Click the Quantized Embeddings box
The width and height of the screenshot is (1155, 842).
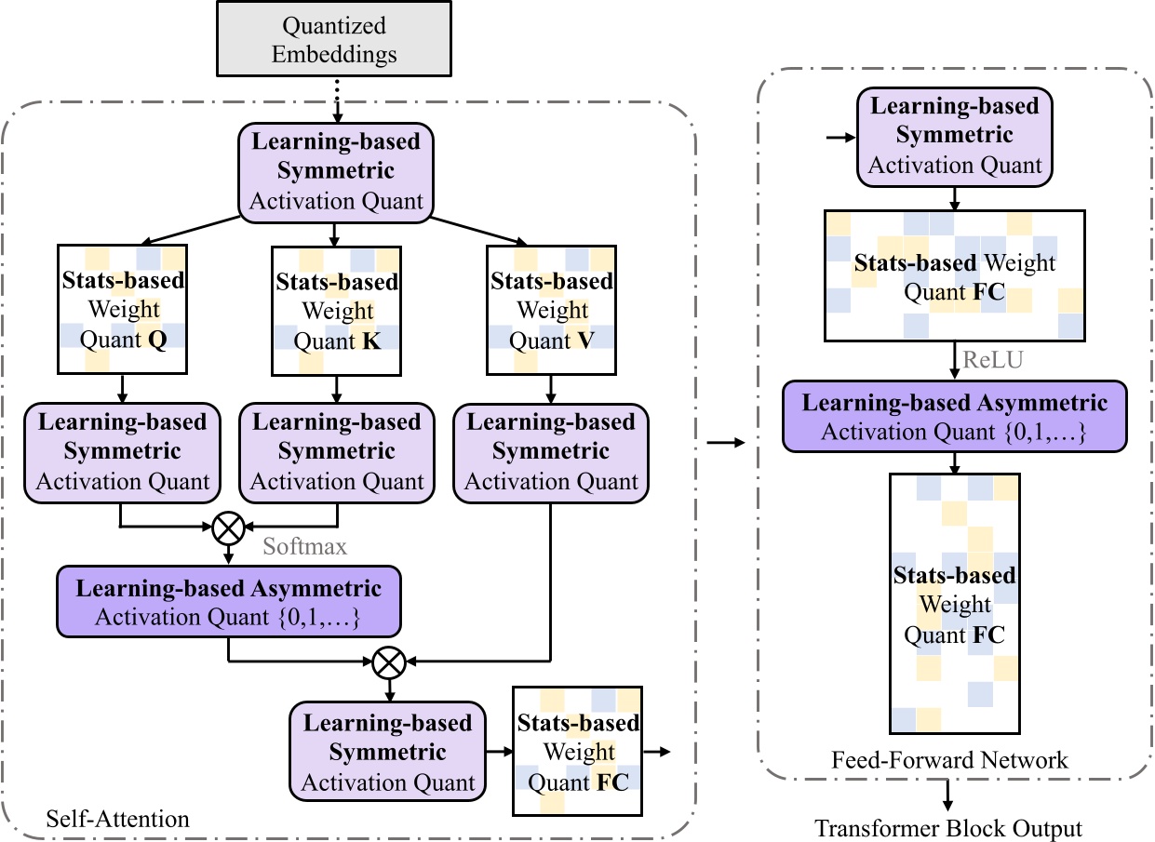pos(334,39)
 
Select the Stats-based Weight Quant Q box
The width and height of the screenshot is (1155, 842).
pos(123,310)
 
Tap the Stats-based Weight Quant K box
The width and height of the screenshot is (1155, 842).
pos(337,310)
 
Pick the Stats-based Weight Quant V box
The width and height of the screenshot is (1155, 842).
pos(552,310)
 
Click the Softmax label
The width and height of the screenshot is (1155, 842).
pos(304,546)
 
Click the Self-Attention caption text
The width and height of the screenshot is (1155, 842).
pos(117,819)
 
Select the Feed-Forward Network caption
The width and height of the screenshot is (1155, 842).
pos(950,761)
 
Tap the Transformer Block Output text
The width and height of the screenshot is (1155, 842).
pos(948,828)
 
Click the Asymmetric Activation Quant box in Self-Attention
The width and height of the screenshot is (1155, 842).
pos(229,603)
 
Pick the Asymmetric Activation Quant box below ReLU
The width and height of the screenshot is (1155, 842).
pos(955,417)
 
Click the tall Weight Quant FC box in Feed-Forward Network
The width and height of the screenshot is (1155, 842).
pos(955,605)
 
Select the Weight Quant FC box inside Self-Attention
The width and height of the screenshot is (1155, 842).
pos(579,751)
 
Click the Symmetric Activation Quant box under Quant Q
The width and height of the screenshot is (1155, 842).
pos(123,452)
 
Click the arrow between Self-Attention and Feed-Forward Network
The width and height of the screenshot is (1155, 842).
pos(726,443)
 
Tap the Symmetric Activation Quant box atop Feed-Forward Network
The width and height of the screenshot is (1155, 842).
pos(955,136)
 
